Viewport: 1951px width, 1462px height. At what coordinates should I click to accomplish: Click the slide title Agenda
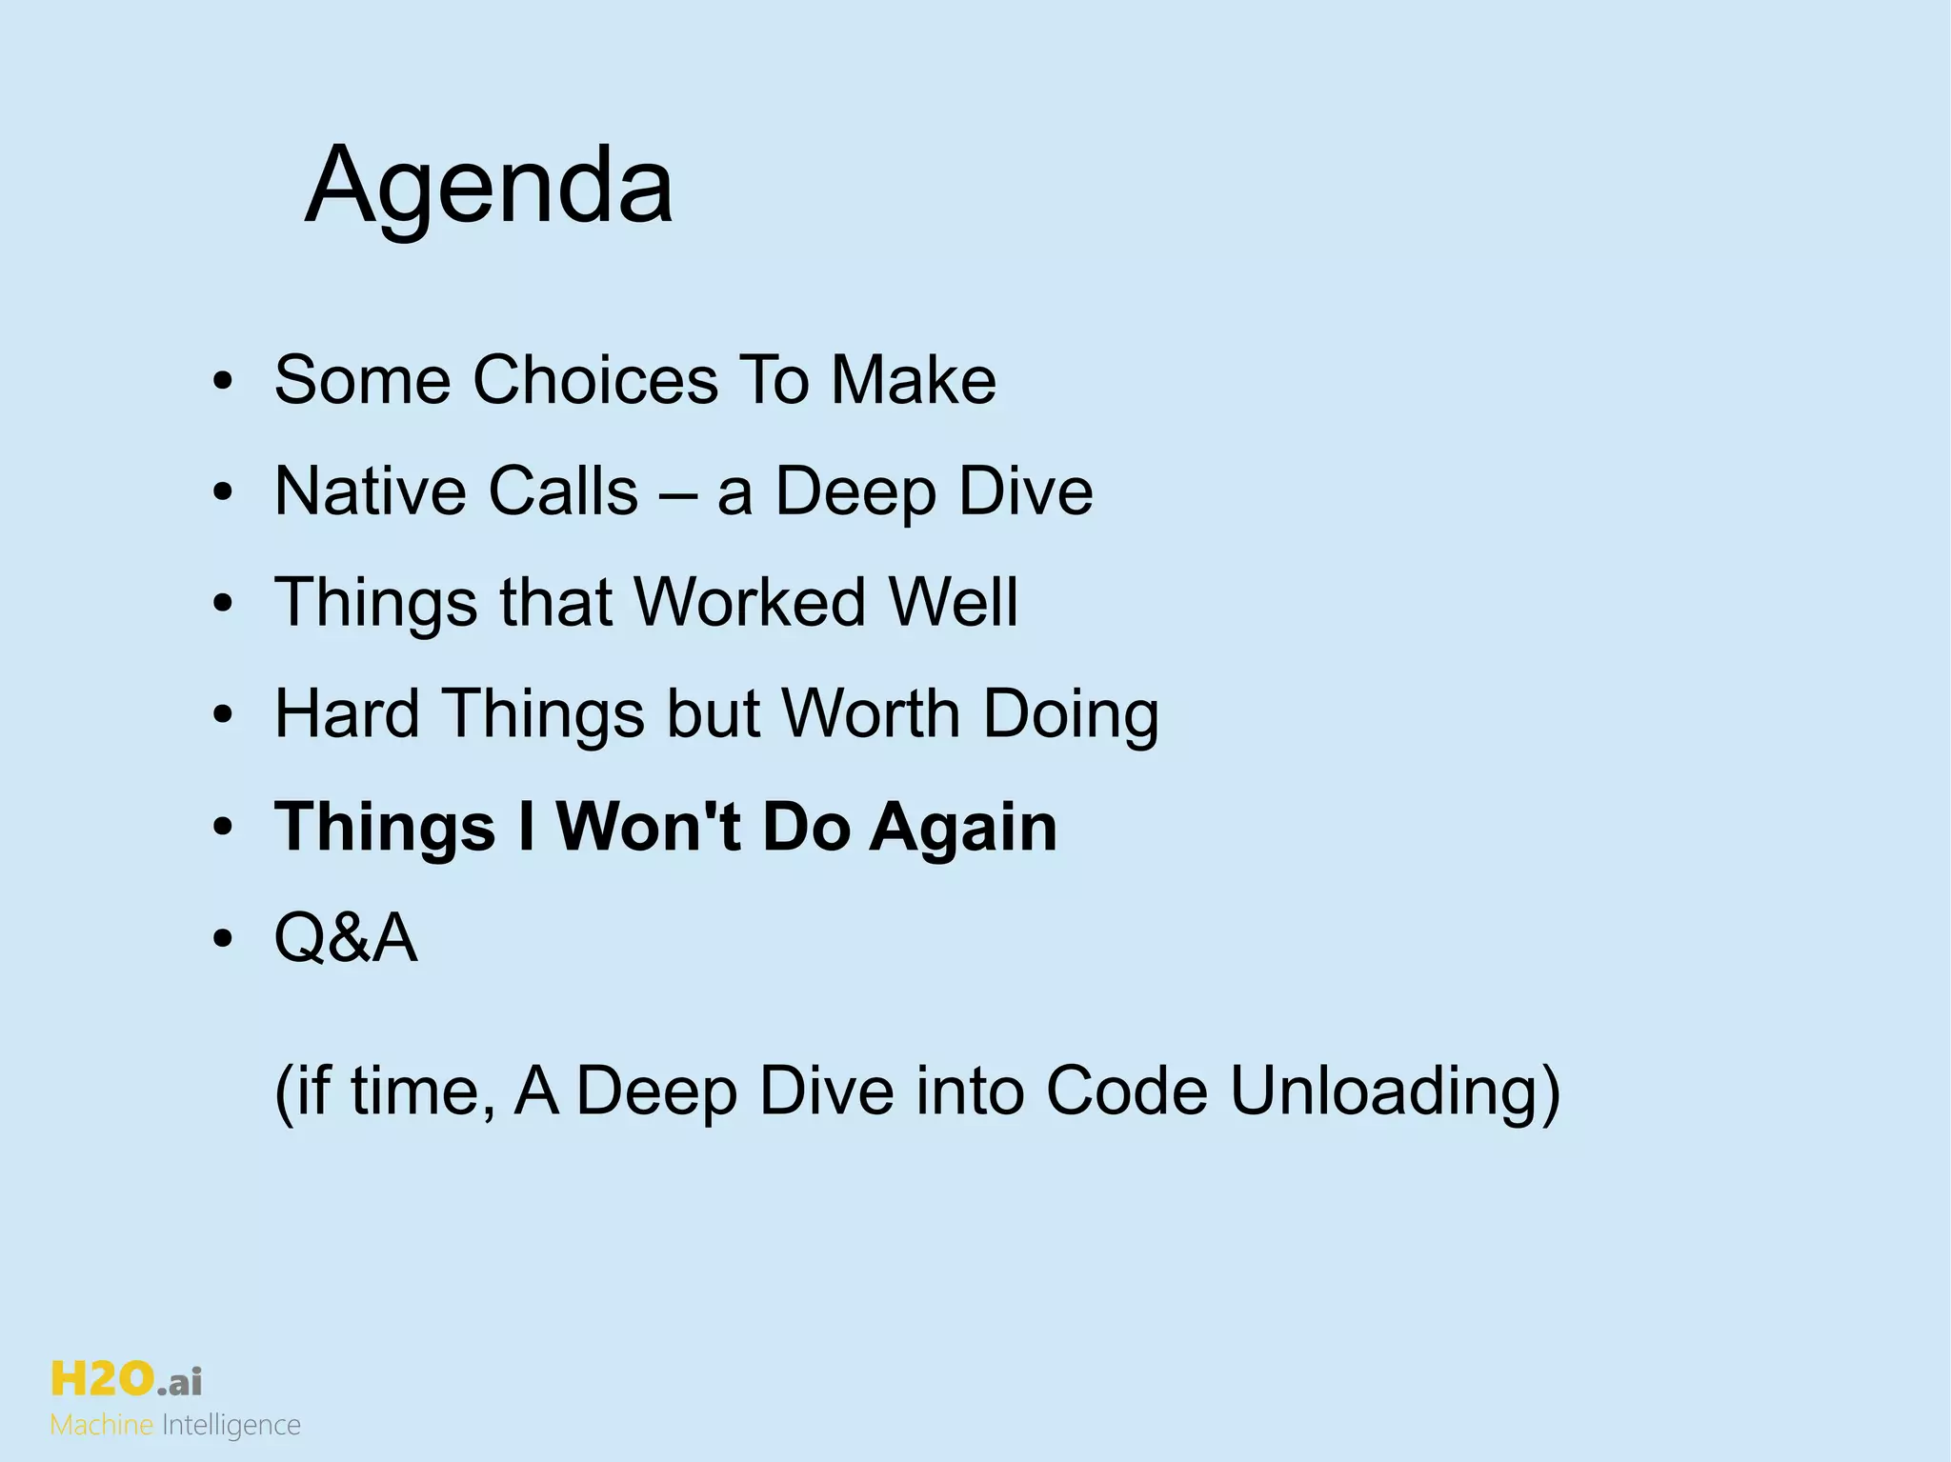(x=489, y=186)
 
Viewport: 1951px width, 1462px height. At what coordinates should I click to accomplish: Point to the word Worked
(x=750, y=603)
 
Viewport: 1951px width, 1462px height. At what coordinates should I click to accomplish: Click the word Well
(x=953, y=603)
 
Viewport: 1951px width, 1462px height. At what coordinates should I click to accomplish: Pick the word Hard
(x=347, y=714)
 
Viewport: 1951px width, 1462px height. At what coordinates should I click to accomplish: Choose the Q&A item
(x=345, y=938)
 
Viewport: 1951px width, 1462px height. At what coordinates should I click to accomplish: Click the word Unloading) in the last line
(x=1395, y=1091)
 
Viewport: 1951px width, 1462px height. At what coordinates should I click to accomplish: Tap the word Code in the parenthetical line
(x=1126, y=1091)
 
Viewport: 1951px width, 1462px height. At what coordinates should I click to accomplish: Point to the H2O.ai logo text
(x=126, y=1379)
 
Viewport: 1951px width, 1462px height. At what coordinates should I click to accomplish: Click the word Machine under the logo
(x=101, y=1425)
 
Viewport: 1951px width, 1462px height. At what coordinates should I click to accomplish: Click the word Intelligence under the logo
(x=231, y=1426)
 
